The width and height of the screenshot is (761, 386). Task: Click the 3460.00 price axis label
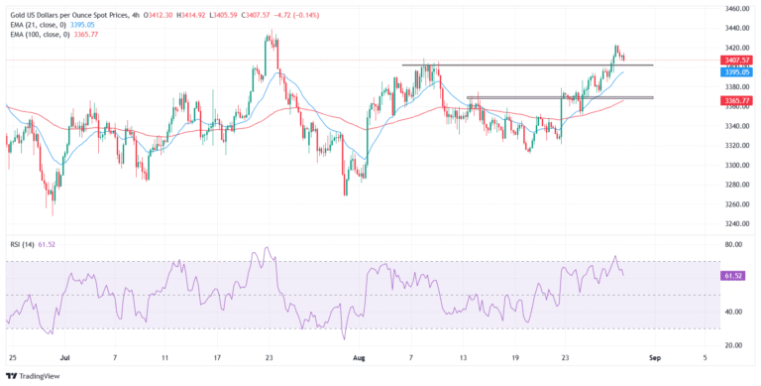pyautogui.click(x=736, y=8)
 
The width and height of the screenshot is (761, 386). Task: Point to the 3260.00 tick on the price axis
pyautogui.click(x=736, y=204)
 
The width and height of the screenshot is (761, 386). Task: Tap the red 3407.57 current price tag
pyautogui.click(x=736, y=60)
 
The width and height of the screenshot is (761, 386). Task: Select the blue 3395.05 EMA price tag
pyautogui.click(x=736, y=72)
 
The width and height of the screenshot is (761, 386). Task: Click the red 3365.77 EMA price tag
pyautogui.click(x=736, y=100)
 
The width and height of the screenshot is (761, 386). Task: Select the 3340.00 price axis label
pyautogui.click(x=736, y=126)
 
